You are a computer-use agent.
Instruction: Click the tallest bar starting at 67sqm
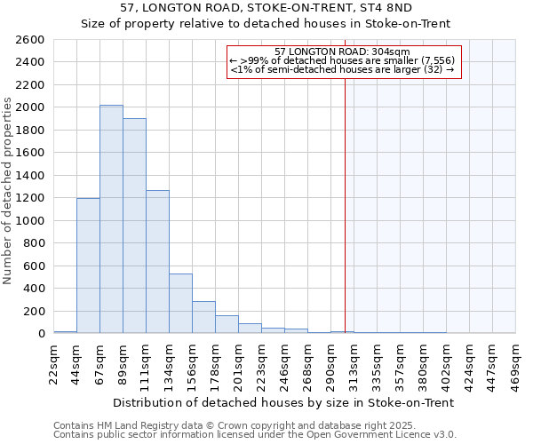111,219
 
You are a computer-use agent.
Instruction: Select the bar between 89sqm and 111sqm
134,226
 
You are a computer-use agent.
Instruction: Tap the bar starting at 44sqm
88,266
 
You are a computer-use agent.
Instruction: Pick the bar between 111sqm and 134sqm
157,262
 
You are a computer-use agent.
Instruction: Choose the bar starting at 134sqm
180,304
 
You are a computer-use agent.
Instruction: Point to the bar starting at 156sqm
203,317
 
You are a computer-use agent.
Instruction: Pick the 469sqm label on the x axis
516,362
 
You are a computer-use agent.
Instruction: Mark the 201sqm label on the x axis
239,362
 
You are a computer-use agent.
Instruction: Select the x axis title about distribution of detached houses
284,402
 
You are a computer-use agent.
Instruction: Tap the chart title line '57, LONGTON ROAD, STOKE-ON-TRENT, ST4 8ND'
266,8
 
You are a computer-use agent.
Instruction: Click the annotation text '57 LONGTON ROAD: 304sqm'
342,52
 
